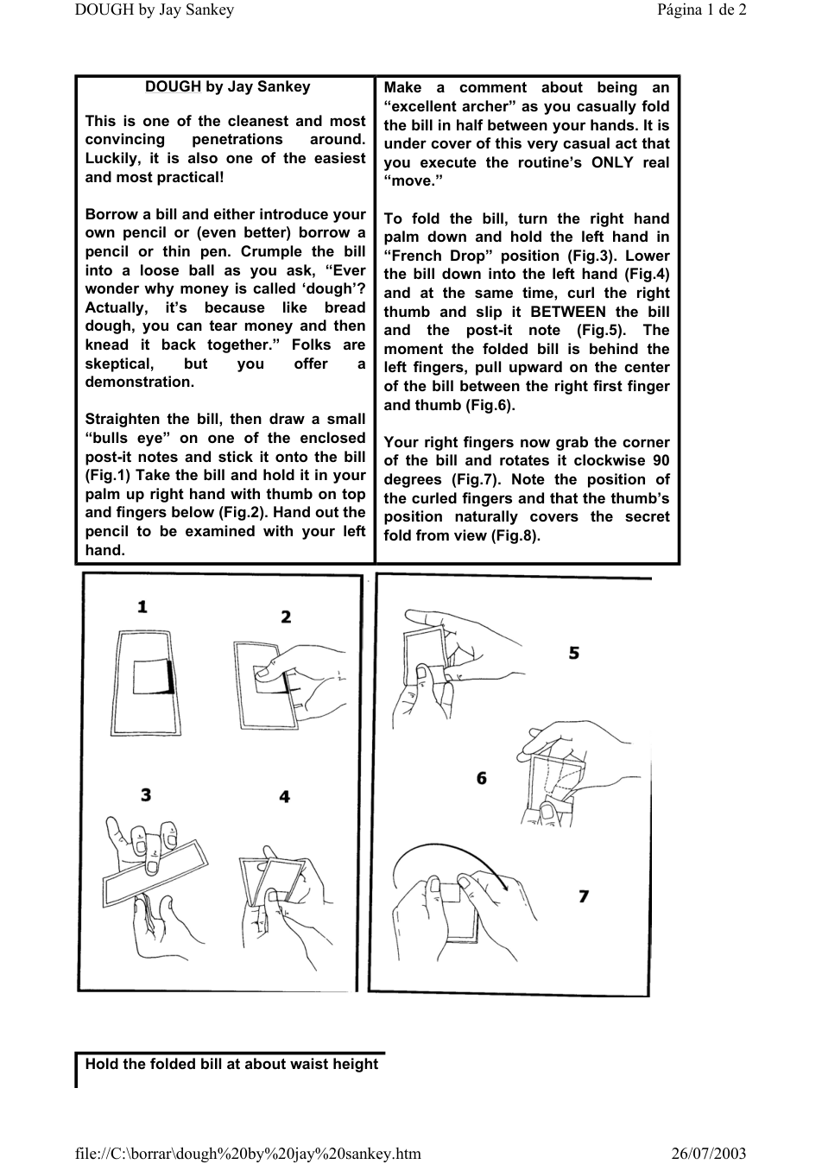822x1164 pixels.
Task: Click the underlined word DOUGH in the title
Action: (x=173, y=86)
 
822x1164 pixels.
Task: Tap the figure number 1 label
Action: (x=142, y=607)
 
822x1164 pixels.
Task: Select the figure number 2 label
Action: (x=286, y=617)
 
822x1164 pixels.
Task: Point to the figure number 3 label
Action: (x=146, y=794)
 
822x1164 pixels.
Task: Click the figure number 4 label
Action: (x=284, y=797)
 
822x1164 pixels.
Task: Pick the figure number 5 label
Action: (x=573, y=653)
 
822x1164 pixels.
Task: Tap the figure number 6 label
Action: (x=482, y=778)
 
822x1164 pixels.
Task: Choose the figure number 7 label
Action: (x=584, y=896)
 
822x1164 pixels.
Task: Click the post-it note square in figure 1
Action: (x=153, y=677)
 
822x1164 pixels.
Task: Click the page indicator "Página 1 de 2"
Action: (x=701, y=9)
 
